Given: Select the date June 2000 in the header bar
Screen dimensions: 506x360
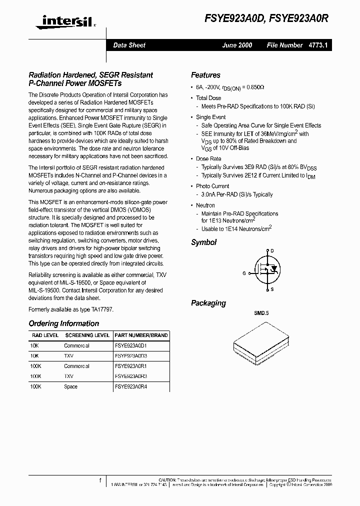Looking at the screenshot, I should pos(237,45).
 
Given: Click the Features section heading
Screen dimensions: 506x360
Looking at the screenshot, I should pos(205,75).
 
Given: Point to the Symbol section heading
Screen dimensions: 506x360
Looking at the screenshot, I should pos(203,242).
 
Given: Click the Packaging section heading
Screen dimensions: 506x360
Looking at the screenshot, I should pos(208,303).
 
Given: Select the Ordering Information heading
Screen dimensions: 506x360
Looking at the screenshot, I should pos(63,323).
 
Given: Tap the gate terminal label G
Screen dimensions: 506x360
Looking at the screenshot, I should pos(244,273).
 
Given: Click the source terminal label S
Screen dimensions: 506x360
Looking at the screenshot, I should pos(272,289).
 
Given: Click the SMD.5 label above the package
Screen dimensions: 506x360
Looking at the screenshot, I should pos(261,313).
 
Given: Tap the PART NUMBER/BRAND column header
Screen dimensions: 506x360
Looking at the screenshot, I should pos(141,335).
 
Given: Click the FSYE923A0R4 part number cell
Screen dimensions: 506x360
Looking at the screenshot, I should pos(131,386).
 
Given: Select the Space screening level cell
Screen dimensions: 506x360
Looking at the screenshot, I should pos(70,386).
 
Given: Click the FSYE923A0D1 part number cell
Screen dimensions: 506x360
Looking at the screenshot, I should pos(131,345).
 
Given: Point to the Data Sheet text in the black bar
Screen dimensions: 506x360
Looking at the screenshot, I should pos(129,45).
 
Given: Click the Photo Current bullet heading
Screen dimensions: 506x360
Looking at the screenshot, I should pos(212,186).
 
